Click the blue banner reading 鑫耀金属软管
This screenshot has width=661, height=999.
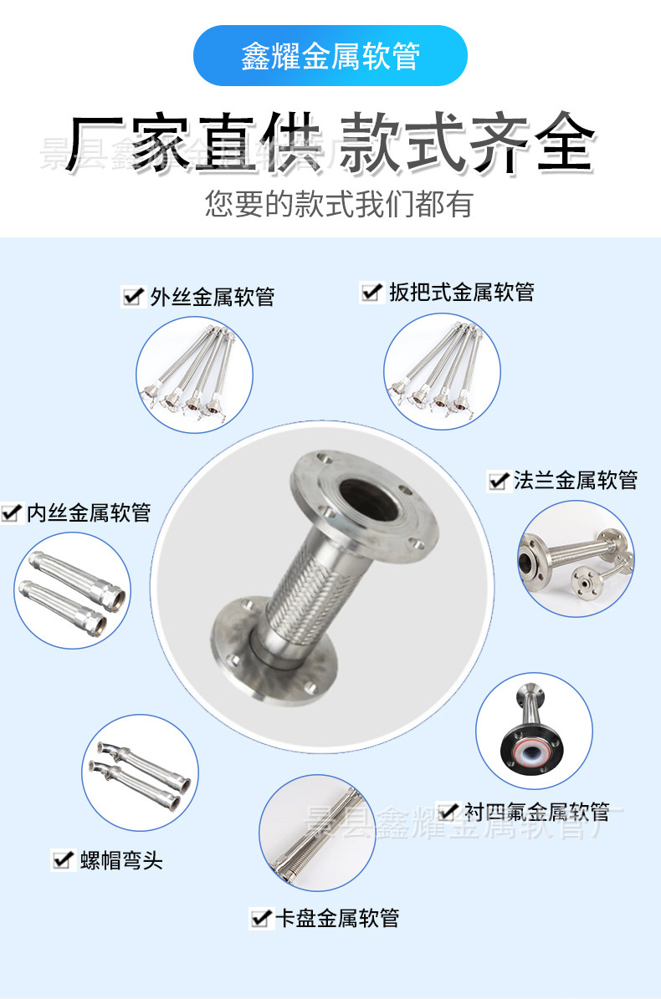click(330, 55)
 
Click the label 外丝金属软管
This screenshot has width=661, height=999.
click(212, 297)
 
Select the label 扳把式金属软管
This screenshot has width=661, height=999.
click(461, 292)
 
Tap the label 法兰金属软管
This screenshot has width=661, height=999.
click(575, 480)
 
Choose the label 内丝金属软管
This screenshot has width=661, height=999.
click(89, 512)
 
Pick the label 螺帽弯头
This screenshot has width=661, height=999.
click(121, 859)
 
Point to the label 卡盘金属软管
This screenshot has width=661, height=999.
click(337, 918)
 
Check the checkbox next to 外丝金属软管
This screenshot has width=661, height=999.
click(132, 297)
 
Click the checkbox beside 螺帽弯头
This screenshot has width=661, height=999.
click(62, 859)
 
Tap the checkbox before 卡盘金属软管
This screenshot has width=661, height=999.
click(261, 918)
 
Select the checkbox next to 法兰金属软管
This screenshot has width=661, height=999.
click(499, 481)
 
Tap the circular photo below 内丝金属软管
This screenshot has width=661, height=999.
click(73, 590)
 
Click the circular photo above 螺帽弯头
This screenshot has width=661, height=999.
click(141, 772)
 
